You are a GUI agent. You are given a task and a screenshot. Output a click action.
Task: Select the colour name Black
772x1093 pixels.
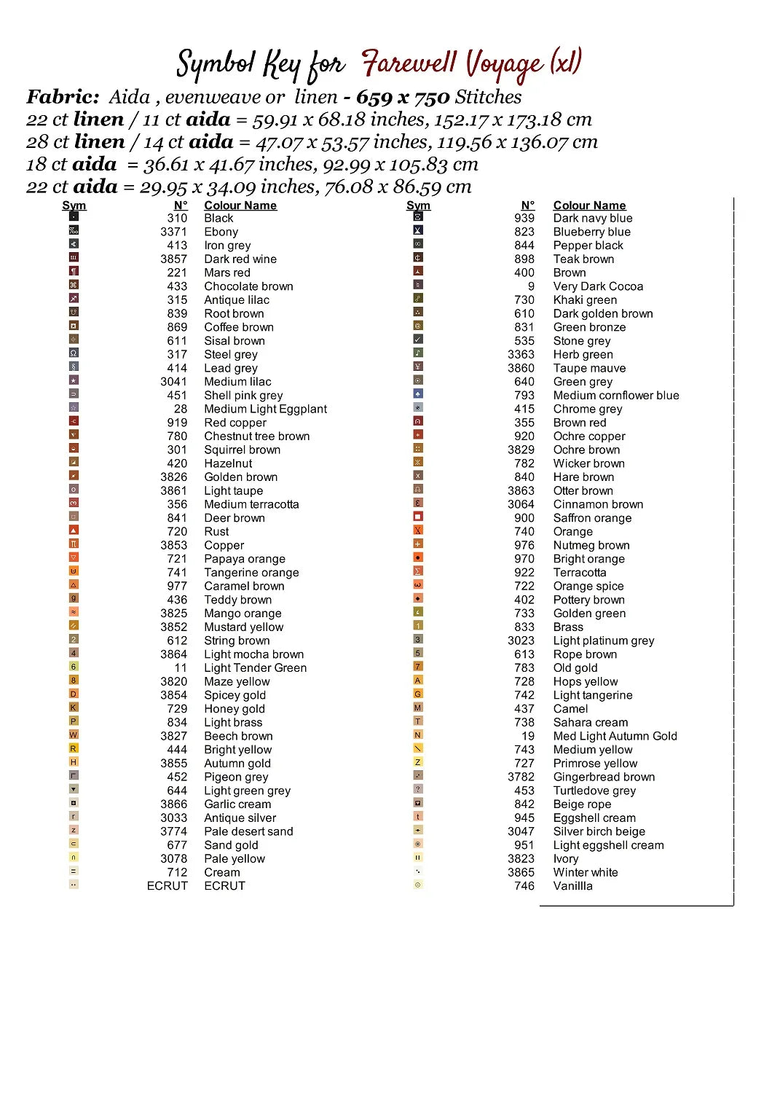click(x=218, y=218)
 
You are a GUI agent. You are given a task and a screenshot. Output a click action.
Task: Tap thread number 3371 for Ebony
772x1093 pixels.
click(x=173, y=232)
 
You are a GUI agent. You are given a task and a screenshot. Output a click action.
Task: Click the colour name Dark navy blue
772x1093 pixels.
click(x=592, y=218)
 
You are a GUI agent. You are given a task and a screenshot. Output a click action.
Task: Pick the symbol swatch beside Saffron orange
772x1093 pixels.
click(x=418, y=517)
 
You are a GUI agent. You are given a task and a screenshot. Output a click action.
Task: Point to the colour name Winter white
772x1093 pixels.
click(x=585, y=872)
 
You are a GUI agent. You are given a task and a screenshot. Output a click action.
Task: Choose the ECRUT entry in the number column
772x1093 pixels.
click(x=167, y=886)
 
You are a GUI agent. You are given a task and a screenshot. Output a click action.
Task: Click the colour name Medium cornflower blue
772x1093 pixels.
click(x=615, y=395)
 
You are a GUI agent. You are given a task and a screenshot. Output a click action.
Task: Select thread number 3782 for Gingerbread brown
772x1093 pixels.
click(x=521, y=777)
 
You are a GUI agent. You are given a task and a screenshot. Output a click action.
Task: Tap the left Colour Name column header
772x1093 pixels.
click(x=240, y=205)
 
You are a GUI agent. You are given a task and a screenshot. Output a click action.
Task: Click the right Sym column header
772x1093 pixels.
click(x=418, y=205)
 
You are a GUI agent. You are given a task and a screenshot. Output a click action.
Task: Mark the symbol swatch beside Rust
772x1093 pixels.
click(x=74, y=530)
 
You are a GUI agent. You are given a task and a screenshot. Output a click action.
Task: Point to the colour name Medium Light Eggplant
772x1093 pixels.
click(x=265, y=409)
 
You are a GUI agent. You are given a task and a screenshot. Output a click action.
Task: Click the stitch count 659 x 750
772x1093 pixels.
click(x=402, y=97)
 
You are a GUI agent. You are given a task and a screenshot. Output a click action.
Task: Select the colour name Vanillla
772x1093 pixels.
click(x=572, y=886)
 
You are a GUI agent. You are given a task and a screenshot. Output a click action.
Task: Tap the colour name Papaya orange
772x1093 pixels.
click(x=244, y=559)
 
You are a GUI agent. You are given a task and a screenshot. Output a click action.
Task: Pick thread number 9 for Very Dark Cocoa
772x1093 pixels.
click(x=531, y=286)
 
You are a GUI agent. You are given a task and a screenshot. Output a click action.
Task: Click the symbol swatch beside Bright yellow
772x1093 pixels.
click(x=74, y=748)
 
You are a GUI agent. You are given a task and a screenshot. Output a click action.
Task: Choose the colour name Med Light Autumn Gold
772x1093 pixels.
click(x=615, y=736)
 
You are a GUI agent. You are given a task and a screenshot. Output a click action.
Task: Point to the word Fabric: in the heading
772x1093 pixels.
click(x=63, y=97)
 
